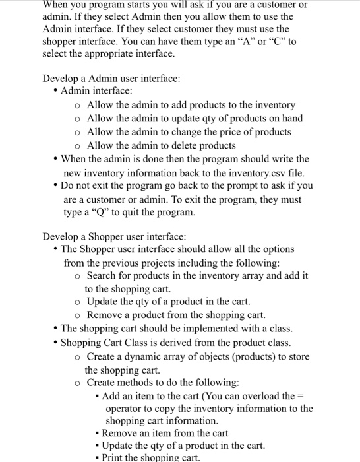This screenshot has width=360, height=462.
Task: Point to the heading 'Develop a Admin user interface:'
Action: pos(111,79)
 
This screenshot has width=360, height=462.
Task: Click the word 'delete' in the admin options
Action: pos(193,145)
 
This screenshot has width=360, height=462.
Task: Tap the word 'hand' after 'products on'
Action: pos(291,118)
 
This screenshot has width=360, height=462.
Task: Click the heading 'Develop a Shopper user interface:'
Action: pos(115,236)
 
